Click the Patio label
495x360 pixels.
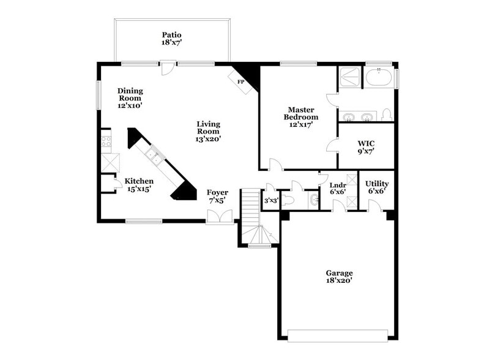click(x=172, y=39)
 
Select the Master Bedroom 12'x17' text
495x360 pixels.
click(x=301, y=116)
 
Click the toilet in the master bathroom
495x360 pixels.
click(x=386, y=114)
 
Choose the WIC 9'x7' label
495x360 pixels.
click(x=366, y=146)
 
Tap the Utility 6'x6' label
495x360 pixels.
click(x=376, y=187)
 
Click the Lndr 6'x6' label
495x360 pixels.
click(x=338, y=188)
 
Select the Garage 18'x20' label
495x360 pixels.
click(x=338, y=277)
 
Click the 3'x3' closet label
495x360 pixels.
click(x=270, y=200)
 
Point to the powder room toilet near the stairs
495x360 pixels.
click(x=288, y=200)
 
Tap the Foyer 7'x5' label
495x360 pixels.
click(x=217, y=196)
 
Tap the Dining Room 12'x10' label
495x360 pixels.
click(x=130, y=98)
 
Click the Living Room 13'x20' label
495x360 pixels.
click(x=208, y=131)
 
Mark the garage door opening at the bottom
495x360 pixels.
click(x=338, y=336)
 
